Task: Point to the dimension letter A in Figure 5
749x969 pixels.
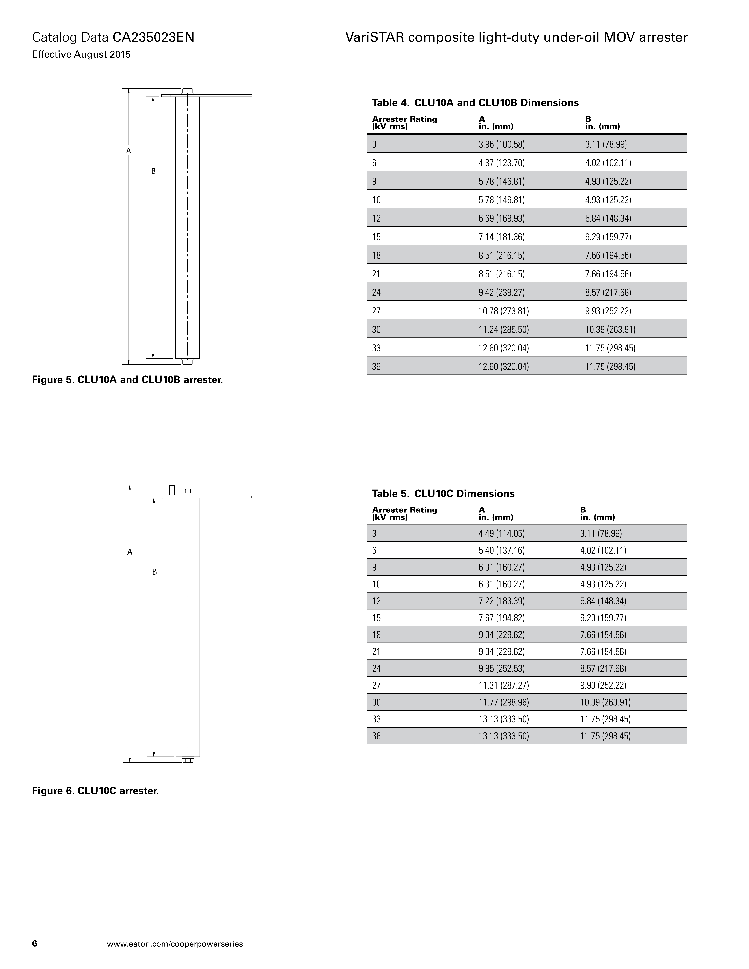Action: (129, 151)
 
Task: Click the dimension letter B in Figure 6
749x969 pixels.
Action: (154, 572)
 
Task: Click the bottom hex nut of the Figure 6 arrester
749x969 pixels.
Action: (188, 760)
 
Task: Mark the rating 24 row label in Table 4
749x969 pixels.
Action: (376, 292)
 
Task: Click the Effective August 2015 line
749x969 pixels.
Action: (81, 55)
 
